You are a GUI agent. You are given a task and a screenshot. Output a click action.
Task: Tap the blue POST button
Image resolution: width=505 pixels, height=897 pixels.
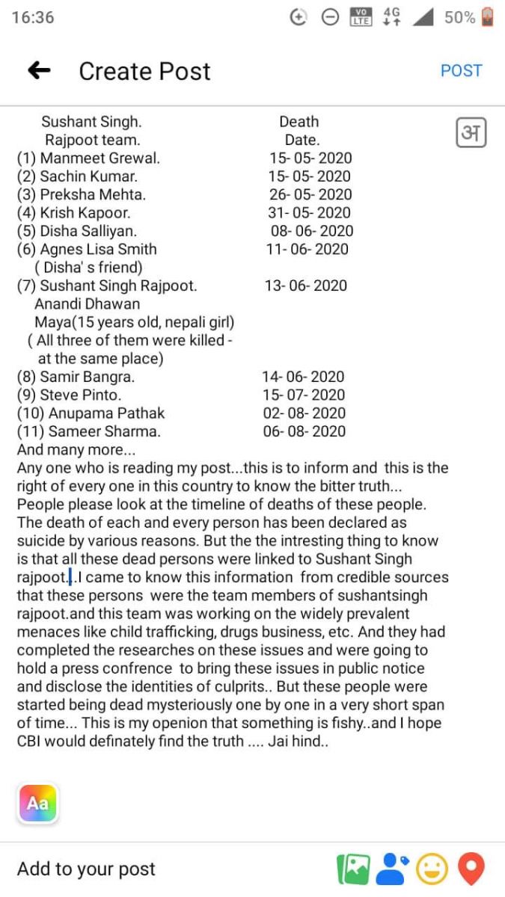[x=461, y=71]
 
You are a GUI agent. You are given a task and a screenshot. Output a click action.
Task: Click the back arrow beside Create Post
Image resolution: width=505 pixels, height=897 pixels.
[x=39, y=71]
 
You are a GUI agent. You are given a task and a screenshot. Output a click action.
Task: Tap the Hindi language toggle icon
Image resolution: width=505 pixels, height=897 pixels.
[x=471, y=133]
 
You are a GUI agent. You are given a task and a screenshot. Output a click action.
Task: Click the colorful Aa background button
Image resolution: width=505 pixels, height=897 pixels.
[x=37, y=804]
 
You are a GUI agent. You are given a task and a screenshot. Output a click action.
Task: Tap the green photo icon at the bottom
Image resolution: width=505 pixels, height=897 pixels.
[x=353, y=869]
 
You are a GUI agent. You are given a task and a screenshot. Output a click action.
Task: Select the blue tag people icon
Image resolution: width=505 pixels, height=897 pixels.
[x=392, y=869]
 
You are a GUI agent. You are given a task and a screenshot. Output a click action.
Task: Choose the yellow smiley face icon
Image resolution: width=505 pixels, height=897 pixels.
[x=432, y=869]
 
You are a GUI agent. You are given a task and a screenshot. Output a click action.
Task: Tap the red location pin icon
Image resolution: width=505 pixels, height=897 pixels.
[x=471, y=869]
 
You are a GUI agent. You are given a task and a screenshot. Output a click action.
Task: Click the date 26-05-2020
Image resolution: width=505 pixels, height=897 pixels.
[x=310, y=194]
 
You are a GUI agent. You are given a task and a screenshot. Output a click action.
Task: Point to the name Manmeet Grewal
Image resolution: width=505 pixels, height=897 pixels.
[x=100, y=158]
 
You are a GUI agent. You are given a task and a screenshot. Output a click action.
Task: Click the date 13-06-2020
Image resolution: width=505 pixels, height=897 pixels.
[x=306, y=286]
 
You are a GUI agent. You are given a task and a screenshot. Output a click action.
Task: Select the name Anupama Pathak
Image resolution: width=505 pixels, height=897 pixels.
[x=106, y=413]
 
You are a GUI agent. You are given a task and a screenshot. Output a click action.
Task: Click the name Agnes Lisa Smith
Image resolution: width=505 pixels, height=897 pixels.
[x=98, y=249]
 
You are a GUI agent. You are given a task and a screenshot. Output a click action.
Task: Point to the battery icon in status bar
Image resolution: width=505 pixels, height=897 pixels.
[x=488, y=17]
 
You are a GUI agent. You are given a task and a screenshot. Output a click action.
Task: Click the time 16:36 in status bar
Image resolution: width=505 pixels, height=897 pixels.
[x=33, y=17]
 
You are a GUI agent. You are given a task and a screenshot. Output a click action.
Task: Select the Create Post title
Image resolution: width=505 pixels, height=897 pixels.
[x=144, y=71]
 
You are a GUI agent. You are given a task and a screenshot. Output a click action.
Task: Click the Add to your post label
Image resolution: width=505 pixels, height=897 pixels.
[x=86, y=869]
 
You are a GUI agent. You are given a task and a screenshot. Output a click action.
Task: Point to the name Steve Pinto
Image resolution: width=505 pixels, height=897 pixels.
[x=80, y=395]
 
